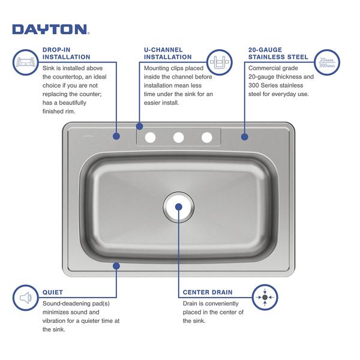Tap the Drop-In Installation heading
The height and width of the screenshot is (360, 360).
[x=67, y=53]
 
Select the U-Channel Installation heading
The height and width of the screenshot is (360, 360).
[x=167, y=53]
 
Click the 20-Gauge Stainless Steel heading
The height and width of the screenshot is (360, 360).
[x=278, y=53]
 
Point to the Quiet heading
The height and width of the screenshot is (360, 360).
[x=53, y=292]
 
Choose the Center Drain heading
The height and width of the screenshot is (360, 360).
[x=208, y=292]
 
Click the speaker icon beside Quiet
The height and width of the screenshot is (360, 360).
[x=25, y=298]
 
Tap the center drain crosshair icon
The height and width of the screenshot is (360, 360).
[x=265, y=298]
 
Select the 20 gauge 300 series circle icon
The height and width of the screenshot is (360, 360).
[x=327, y=62]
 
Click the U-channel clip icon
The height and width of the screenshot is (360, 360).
[x=220, y=62]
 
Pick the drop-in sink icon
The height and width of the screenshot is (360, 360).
[x=25, y=62]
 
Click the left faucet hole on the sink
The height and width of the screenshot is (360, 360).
[x=150, y=137]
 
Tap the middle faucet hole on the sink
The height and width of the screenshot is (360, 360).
[x=178, y=137]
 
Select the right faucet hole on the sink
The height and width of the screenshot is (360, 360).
[x=206, y=137]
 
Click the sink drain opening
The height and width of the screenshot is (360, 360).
[x=179, y=207]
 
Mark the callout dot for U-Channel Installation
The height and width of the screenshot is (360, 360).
[x=139, y=126]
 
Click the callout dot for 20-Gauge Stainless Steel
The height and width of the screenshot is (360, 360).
[x=245, y=137]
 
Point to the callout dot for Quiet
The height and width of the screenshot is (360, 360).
[x=116, y=266]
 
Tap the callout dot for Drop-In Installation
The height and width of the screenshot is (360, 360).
[x=116, y=136]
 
